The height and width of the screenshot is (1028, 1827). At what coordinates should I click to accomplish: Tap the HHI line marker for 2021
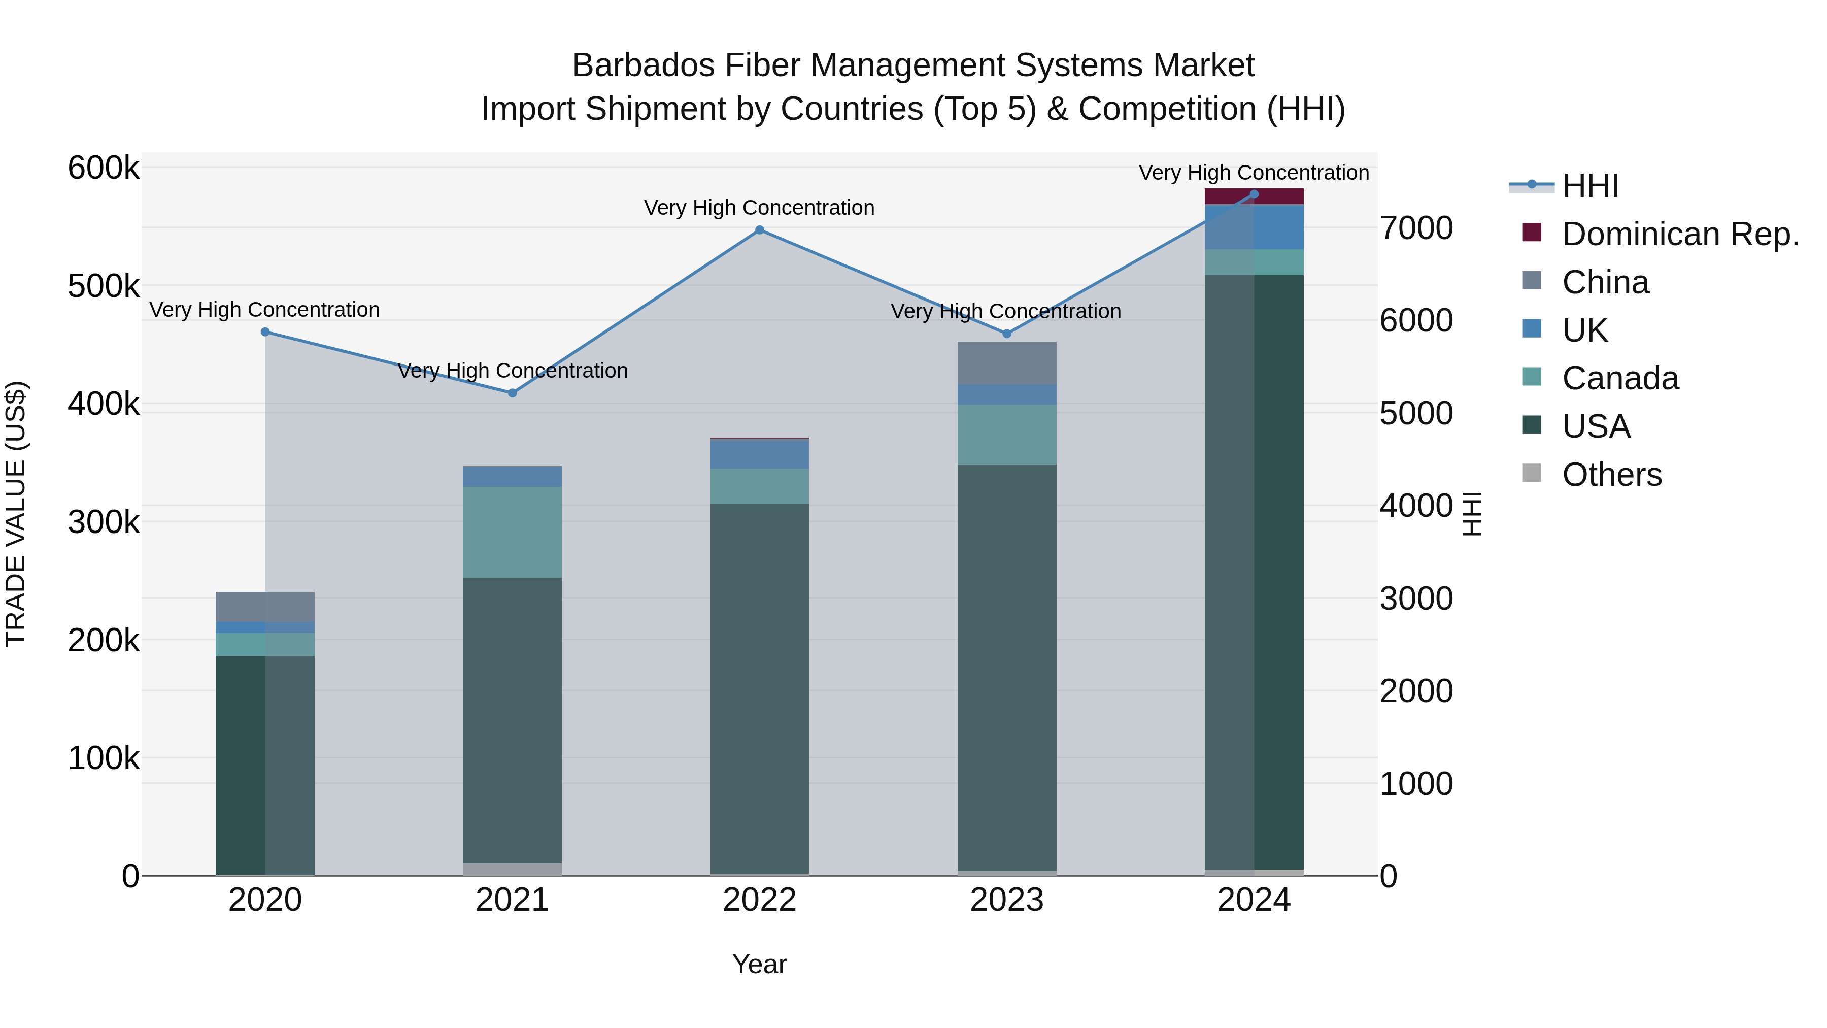click(x=512, y=393)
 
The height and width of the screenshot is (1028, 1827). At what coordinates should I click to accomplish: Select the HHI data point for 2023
click(x=1006, y=334)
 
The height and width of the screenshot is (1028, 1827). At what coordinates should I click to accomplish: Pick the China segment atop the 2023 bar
click(x=1006, y=363)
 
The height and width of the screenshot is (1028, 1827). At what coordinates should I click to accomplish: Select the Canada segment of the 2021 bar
click(x=512, y=532)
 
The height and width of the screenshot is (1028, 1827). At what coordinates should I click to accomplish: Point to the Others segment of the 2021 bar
click(x=512, y=869)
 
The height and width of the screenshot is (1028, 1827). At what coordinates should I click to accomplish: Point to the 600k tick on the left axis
click(x=104, y=169)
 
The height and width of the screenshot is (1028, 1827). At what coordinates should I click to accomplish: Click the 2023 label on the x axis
click(x=1006, y=900)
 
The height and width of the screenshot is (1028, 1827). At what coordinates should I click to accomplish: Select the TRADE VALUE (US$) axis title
click(x=16, y=514)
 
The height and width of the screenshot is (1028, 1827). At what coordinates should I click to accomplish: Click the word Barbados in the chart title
click(x=644, y=66)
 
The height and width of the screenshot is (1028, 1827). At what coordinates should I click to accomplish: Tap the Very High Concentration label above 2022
click(x=759, y=208)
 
